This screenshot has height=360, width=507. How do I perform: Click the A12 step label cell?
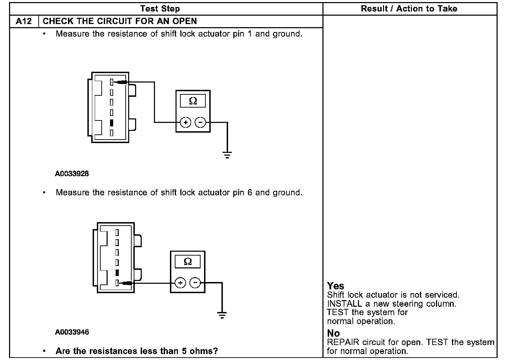(24, 21)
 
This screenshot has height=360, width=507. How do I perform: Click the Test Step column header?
(160, 9)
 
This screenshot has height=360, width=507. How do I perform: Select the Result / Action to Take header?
(409, 9)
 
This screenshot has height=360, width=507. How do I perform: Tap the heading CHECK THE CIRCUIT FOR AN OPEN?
(120, 21)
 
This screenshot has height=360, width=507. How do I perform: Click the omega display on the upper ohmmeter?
(193, 101)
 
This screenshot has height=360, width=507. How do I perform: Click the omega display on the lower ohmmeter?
(187, 261)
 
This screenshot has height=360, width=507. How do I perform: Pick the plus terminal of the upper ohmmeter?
(186, 123)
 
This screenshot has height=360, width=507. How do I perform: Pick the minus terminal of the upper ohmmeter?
(200, 123)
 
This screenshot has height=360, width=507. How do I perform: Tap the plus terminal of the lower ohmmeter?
(180, 283)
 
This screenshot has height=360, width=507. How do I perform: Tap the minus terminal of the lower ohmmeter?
(195, 283)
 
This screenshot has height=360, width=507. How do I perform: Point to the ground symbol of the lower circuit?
(222, 315)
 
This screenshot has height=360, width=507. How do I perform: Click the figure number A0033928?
(72, 173)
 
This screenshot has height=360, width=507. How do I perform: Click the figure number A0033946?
(72, 332)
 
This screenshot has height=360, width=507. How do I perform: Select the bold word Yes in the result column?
(336, 286)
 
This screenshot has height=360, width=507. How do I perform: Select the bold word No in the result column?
(333, 333)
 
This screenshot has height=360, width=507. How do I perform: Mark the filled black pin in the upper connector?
(112, 123)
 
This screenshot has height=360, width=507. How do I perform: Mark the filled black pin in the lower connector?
(117, 273)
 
